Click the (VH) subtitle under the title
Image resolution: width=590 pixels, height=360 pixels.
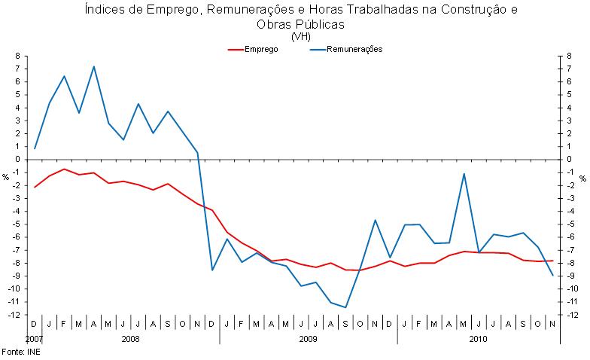[x=300, y=35]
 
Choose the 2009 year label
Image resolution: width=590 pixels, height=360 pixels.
[x=308, y=340]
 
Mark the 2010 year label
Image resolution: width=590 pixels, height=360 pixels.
[x=478, y=340]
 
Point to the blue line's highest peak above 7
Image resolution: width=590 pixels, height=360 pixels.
[x=93, y=66]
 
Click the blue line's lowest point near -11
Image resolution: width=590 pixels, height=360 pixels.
[x=345, y=307]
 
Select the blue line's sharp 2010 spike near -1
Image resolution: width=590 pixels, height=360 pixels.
[x=464, y=174]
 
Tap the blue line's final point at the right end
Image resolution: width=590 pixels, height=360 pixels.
[x=553, y=275]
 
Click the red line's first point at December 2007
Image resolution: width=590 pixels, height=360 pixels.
[x=35, y=187]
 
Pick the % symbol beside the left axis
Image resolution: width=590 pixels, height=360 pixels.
[x=5, y=178]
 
